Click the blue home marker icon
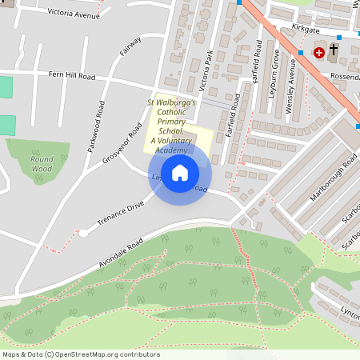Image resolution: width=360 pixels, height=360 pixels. tap(180, 172)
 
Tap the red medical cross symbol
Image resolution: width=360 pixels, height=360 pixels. tap(319, 52)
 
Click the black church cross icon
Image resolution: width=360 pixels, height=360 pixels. tap(332, 52)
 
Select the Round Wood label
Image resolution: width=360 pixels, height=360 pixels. tap(42, 164)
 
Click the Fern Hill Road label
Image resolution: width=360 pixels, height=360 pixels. tap(72, 77)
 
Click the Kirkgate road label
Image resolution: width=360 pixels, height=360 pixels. tap(283, 28)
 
